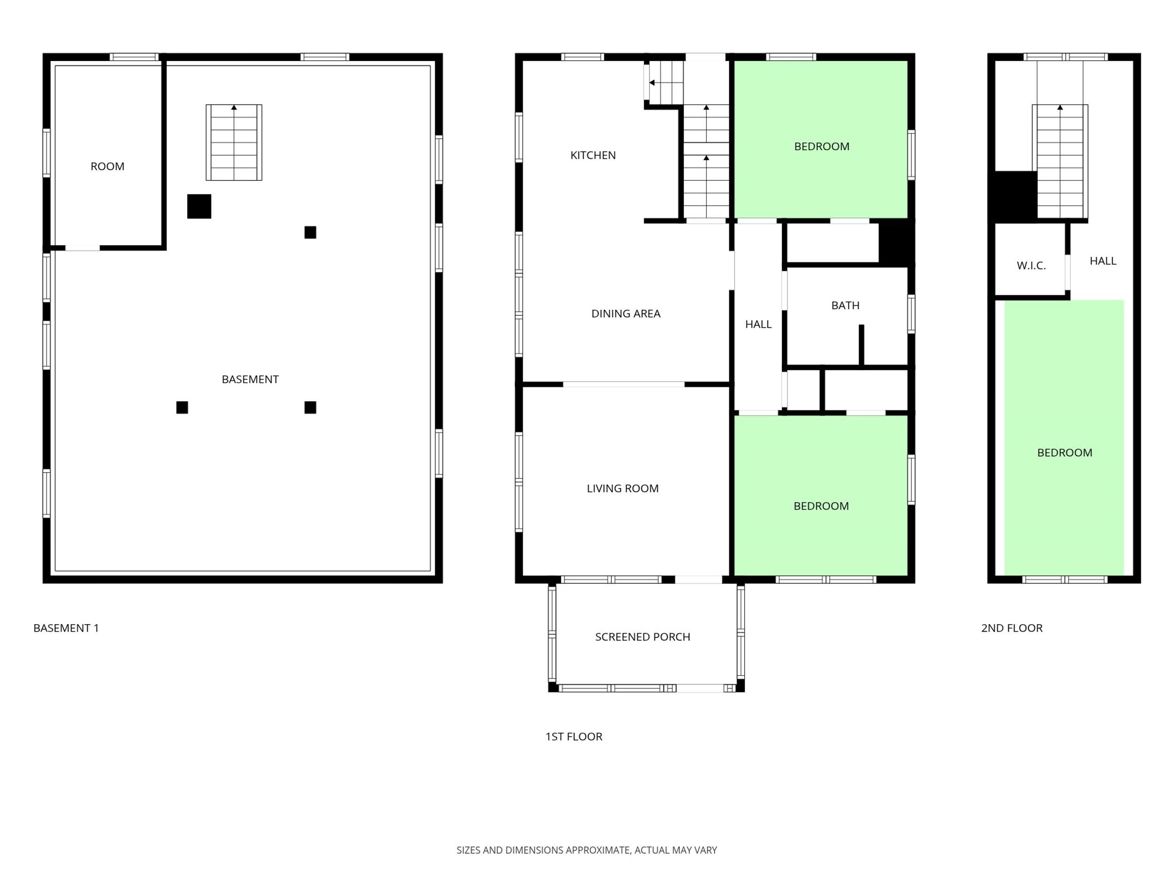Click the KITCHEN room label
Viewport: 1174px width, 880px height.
(593, 155)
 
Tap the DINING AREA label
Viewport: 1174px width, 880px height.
(626, 314)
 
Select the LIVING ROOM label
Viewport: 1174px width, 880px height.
(623, 489)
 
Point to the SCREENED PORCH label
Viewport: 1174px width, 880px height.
(643, 636)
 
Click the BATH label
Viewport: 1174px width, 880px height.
(845, 306)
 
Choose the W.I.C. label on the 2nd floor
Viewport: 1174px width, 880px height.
(1031, 266)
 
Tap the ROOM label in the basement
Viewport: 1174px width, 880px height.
(108, 167)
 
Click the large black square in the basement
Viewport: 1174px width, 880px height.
(199, 207)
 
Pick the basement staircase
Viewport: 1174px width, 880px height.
(234, 142)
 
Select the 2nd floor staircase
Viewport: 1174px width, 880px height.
(1060, 162)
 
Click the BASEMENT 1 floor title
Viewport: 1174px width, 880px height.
(66, 628)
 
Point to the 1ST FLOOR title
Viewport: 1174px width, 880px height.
(574, 736)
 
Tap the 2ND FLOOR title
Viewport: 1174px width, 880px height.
(1012, 628)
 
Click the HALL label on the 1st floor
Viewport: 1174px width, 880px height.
(758, 324)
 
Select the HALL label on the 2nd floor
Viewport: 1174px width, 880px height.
(1103, 261)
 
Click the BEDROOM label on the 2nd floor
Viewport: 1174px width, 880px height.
(1065, 452)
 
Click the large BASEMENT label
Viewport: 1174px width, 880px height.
(250, 379)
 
